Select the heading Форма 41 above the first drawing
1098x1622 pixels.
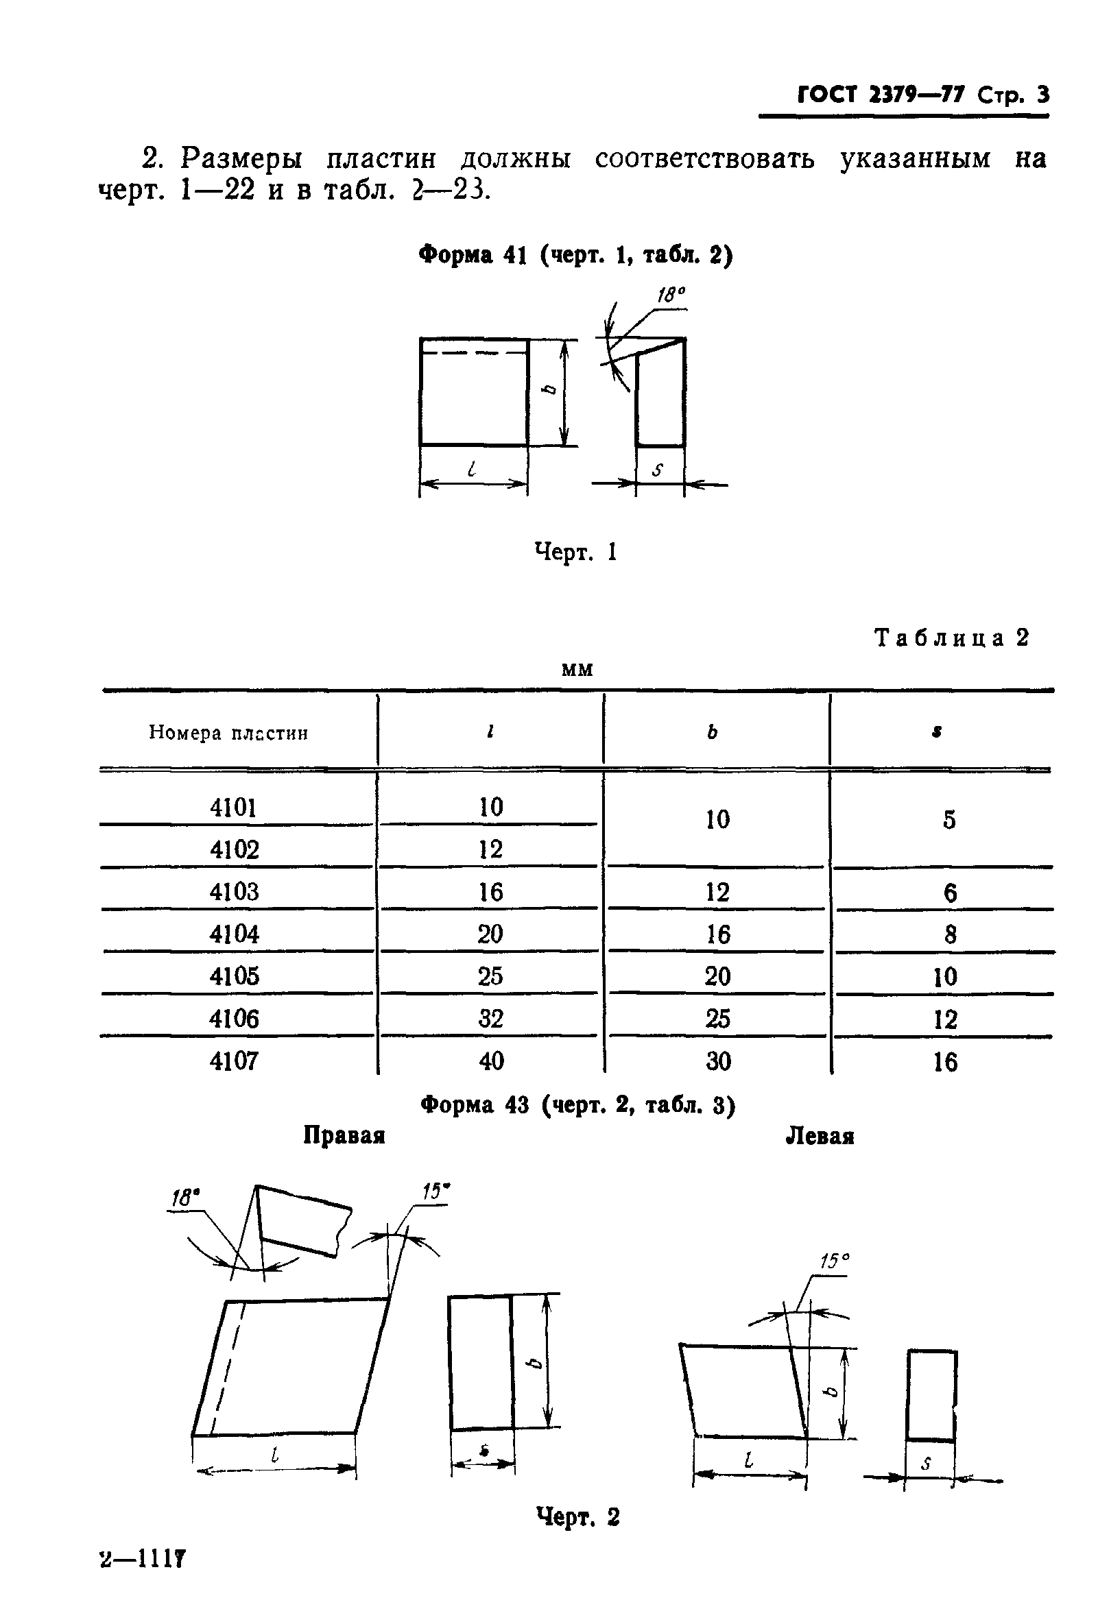473,256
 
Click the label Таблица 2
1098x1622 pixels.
951,638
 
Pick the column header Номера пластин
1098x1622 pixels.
228,733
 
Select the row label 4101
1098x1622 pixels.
234,808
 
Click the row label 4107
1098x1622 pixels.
234,1061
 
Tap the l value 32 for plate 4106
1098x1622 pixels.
491,1019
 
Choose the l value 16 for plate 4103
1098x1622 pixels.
491,892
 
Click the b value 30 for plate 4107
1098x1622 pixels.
718,1061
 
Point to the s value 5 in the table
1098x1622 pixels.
949,819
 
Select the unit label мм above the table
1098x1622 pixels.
577,670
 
